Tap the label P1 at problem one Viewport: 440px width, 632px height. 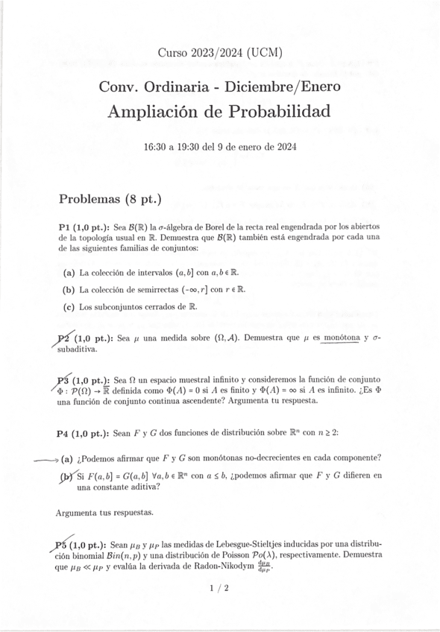(x=65, y=227)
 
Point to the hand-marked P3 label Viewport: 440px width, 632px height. (x=64, y=379)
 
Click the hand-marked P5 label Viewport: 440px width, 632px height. (x=64, y=545)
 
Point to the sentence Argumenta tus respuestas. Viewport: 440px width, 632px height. (x=105, y=513)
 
